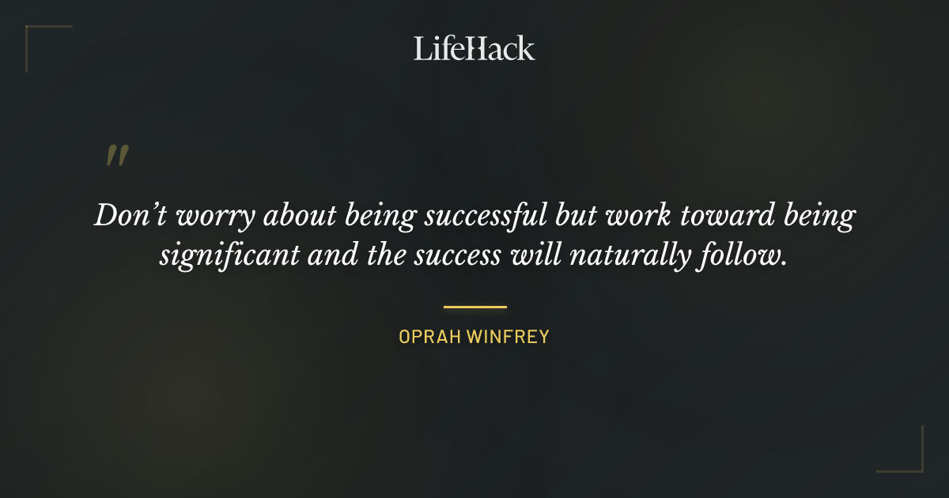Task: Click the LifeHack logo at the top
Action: [x=474, y=48]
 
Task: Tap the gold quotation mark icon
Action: [x=117, y=156]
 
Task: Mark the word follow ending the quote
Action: [x=749, y=256]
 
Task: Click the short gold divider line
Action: [x=475, y=307]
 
